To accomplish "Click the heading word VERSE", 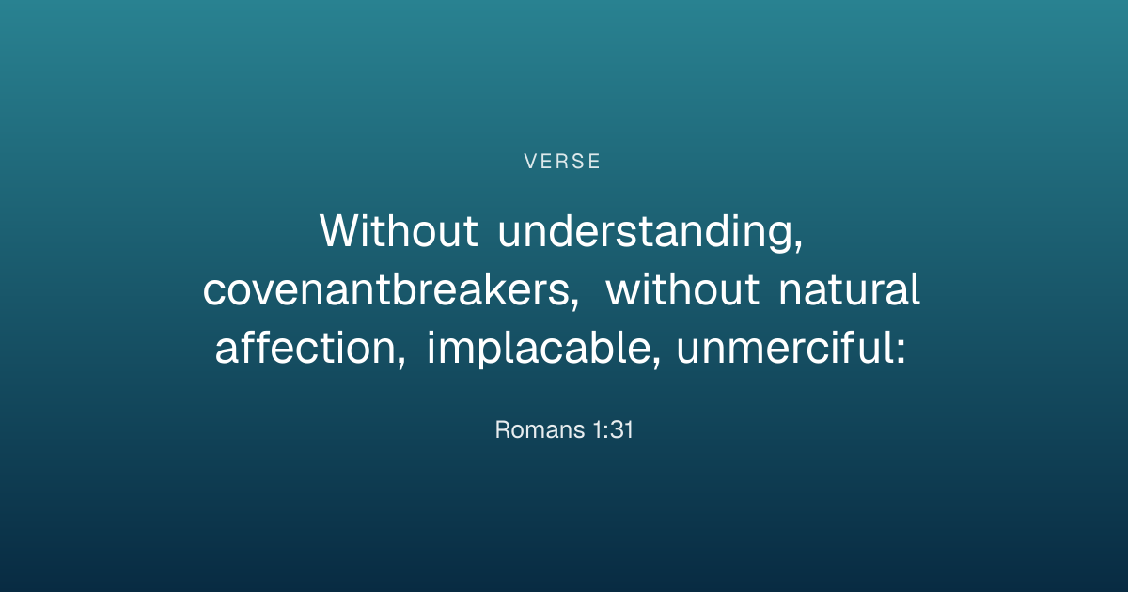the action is [x=562, y=162].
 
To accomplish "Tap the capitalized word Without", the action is [x=399, y=230].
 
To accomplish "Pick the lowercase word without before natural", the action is [x=682, y=289].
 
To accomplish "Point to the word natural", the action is [x=850, y=289].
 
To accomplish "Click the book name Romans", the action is [x=540, y=430].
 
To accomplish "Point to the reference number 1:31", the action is [x=613, y=430].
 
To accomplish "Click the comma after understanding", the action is [x=798, y=246].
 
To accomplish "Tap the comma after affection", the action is [x=400, y=363].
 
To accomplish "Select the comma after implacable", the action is [x=656, y=363].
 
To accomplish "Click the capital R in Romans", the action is [x=503, y=430].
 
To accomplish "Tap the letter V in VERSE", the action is [x=531, y=162].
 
